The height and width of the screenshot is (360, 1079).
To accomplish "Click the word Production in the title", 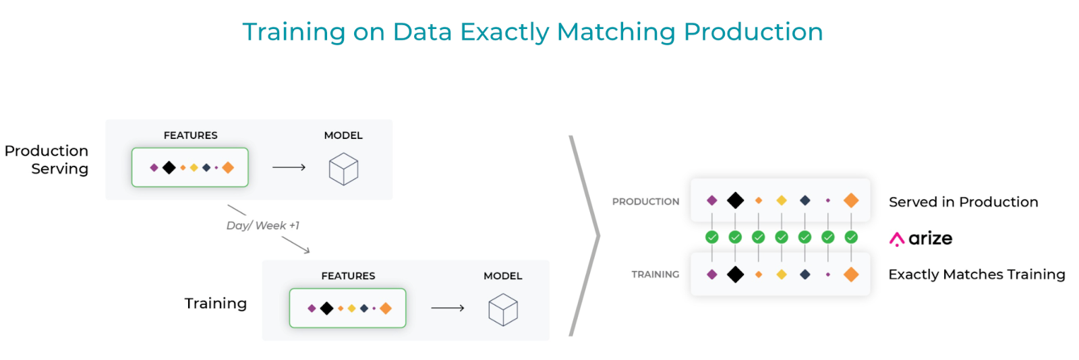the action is pyautogui.click(x=753, y=32).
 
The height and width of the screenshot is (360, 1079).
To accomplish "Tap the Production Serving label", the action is pyautogui.click(x=47, y=159).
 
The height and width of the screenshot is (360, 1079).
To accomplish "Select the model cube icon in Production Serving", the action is pyautogui.click(x=343, y=169).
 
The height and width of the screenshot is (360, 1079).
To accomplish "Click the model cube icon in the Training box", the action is pyautogui.click(x=503, y=309).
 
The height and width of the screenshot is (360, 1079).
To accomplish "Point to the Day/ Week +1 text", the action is pyautogui.click(x=263, y=225).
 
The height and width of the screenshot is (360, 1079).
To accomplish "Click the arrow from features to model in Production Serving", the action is pyautogui.click(x=289, y=167).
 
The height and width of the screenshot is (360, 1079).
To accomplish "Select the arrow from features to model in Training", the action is pyautogui.click(x=448, y=308).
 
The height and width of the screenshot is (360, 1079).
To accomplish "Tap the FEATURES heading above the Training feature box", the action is pyautogui.click(x=348, y=276).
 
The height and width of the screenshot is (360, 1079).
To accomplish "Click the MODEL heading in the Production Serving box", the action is pyautogui.click(x=343, y=136).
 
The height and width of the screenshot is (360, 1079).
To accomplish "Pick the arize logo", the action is pyautogui.click(x=921, y=238).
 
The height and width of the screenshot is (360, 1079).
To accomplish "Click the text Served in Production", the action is pyautogui.click(x=964, y=202).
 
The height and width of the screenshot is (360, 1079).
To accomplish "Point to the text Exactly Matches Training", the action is pyautogui.click(x=976, y=274).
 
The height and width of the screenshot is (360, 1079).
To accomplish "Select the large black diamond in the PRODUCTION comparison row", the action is pyautogui.click(x=735, y=200).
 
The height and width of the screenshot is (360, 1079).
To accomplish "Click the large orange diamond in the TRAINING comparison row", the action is pyautogui.click(x=851, y=274).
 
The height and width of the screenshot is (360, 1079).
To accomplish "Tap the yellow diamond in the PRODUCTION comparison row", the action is pyautogui.click(x=782, y=200).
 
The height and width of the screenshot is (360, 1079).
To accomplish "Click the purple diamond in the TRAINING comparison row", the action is pyautogui.click(x=712, y=274).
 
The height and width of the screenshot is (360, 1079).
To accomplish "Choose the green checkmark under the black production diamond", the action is pyautogui.click(x=735, y=237).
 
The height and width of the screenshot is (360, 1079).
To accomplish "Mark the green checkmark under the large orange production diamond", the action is pyautogui.click(x=851, y=237).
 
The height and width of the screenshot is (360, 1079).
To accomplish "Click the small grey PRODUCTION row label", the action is pyautogui.click(x=645, y=202).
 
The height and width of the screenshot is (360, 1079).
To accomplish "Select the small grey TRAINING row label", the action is pyautogui.click(x=655, y=274).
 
